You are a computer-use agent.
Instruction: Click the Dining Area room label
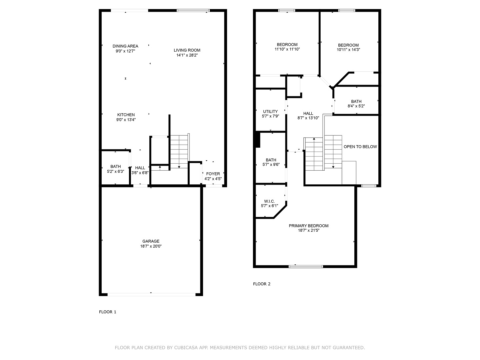click(125, 46)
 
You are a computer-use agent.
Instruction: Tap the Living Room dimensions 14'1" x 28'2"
click(187, 55)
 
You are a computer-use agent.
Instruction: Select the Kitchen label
click(126, 115)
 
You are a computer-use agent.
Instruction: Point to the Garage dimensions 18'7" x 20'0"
click(151, 246)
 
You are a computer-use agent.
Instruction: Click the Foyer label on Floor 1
click(213, 174)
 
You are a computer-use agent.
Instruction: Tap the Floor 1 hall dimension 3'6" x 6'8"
click(140, 173)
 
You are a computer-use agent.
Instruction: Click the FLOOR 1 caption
click(108, 312)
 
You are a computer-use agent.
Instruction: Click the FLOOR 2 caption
click(262, 284)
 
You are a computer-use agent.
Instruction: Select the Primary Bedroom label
click(309, 226)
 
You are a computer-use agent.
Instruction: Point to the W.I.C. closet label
click(269, 201)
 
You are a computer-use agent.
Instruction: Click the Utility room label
click(270, 112)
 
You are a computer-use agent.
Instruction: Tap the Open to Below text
click(360, 147)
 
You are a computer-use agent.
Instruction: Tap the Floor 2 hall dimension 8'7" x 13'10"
click(308, 118)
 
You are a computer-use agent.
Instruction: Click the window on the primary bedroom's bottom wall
click(306, 266)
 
